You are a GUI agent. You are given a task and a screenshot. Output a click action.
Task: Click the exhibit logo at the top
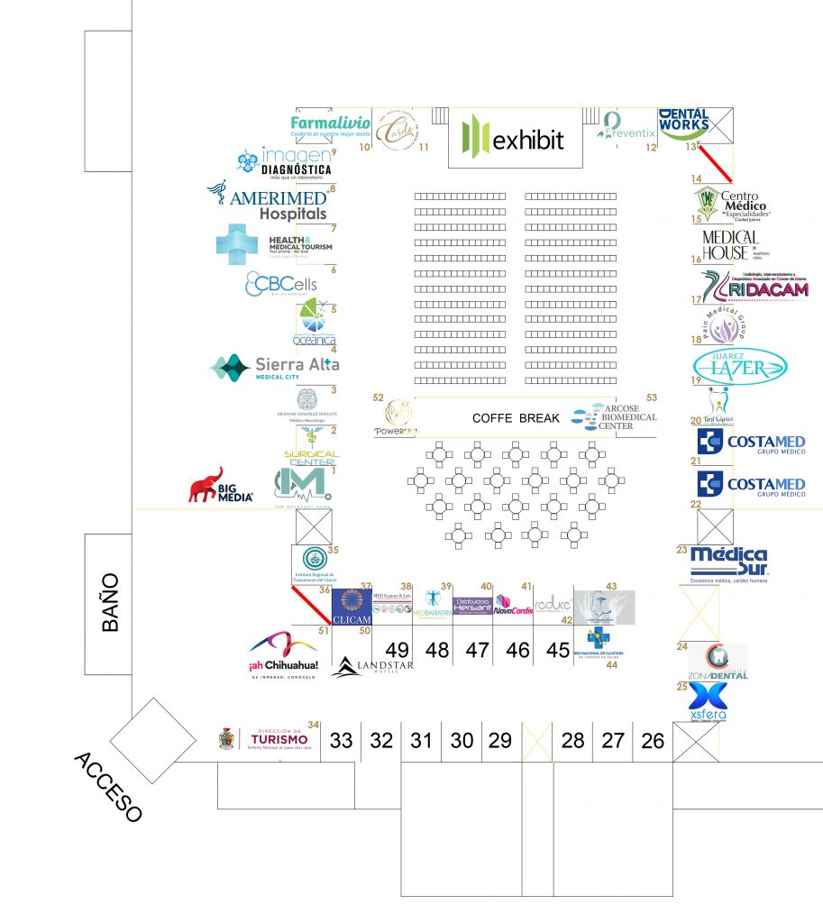[x=515, y=139]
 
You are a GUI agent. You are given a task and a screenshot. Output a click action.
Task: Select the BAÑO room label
[x=109, y=603]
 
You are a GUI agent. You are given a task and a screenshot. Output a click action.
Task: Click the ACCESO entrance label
[x=108, y=786]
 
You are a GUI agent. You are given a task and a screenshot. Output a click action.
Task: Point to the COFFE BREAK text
[x=516, y=418]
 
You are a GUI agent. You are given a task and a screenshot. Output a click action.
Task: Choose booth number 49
[x=397, y=650]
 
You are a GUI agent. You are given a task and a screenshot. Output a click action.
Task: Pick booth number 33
[x=341, y=741]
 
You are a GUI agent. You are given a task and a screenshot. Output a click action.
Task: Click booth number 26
[x=653, y=741]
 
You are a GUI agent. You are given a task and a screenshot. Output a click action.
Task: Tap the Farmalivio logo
[x=331, y=123]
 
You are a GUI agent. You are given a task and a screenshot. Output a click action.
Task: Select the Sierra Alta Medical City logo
[x=275, y=367]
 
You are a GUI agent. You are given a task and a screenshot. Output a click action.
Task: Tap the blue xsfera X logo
[x=708, y=699]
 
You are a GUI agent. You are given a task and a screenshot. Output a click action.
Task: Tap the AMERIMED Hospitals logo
[x=268, y=203]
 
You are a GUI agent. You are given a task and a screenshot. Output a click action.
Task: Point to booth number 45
[x=558, y=650]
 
